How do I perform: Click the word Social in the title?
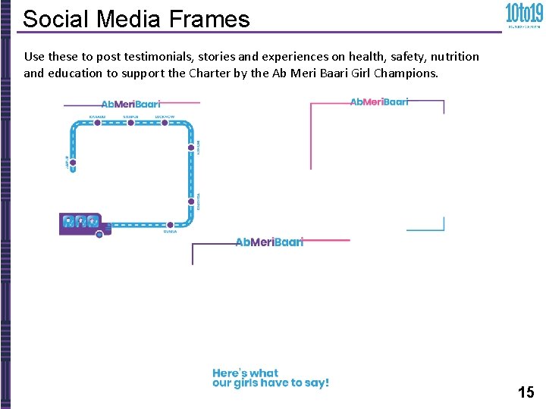coord(52,18)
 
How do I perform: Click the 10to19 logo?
coord(523,14)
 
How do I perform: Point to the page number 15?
coord(526,392)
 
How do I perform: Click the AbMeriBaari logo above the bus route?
coord(130,104)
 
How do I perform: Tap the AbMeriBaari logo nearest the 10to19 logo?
coord(379,101)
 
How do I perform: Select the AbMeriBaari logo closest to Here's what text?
coord(269,242)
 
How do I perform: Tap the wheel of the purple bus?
coord(99,234)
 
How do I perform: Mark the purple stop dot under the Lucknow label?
coord(165,123)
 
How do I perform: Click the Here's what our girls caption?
coord(270,378)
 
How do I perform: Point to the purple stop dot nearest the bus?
coord(170,225)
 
